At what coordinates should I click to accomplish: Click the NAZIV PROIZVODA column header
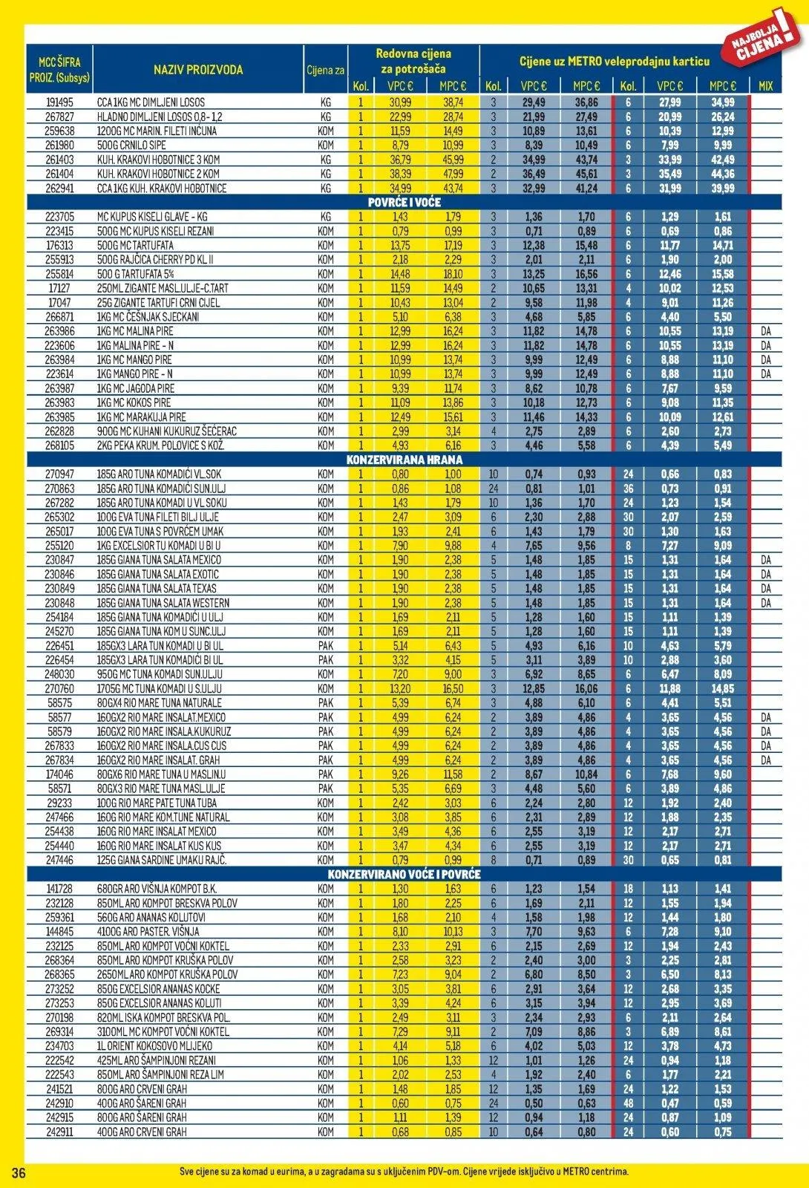tap(198, 70)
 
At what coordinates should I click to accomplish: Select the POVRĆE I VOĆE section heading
tap(404, 203)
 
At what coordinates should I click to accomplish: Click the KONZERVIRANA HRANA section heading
tap(404, 460)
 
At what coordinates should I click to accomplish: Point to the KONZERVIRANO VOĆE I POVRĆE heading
tap(404, 875)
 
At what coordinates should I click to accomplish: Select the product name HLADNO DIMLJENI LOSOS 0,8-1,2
tap(160, 117)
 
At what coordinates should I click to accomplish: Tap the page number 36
tap(19, 1172)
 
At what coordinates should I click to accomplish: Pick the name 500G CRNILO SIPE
tap(131, 146)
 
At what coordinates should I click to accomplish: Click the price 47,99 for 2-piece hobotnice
tap(453, 174)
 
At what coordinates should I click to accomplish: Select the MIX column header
tap(765, 86)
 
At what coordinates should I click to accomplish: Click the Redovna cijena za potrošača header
tap(413, 61)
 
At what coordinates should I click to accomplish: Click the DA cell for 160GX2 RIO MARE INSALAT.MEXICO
tap(765, 717)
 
